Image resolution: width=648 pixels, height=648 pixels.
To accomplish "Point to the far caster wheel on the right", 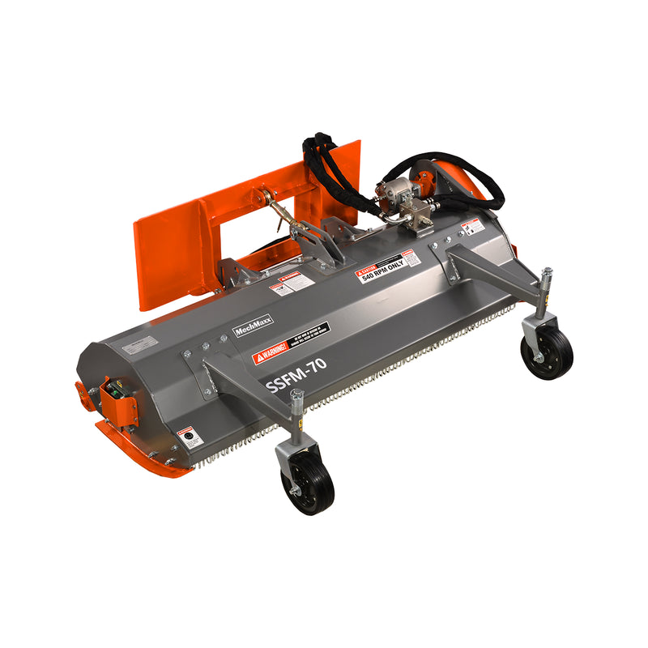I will coord(547,352).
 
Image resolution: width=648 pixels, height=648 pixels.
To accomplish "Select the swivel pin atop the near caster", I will coord(296,399).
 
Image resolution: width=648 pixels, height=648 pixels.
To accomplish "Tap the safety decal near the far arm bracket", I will coord(470,227).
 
